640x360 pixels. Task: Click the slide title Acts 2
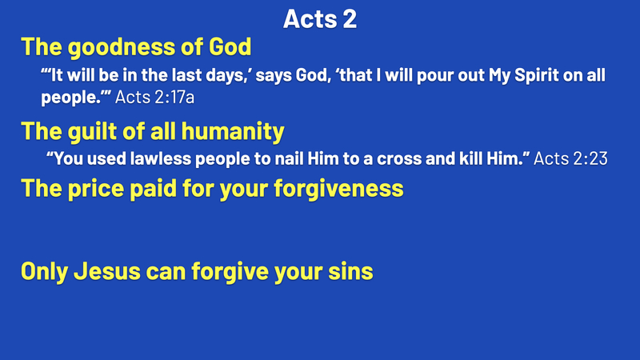pos(320,18)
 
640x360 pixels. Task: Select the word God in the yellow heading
pos(230,46)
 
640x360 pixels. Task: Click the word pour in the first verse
pos(434,76)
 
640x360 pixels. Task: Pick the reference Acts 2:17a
pos(154,97)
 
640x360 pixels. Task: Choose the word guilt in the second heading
pos(92,131)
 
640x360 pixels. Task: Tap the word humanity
pos(233,132)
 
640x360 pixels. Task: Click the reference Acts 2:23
pos(570,158)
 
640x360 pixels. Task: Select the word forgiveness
pos(338,188)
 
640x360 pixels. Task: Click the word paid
pos(153,189)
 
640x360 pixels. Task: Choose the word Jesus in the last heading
pos(107,271)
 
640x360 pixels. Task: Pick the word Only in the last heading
pos(44,272)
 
